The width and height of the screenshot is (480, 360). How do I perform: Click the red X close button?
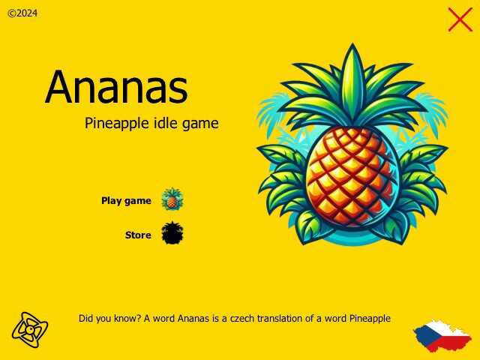(x=460, y=19)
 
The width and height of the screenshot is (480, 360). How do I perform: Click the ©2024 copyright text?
(x=22, y=13)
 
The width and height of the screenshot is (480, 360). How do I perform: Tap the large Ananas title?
(x=116, y=88)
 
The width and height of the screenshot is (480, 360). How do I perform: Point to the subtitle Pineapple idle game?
(x=151, y=123)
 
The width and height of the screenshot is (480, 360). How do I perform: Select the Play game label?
(x=126, y=201)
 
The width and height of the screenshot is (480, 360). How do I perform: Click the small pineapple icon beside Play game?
(x=172, y=199)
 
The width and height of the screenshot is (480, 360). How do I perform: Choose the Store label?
(x=138, y=235)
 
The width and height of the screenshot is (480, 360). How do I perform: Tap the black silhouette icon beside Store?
(x=172, y=233)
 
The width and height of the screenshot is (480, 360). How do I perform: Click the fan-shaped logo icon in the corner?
(x=30, y=328)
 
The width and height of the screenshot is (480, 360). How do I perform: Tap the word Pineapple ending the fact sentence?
(x=370, y=318)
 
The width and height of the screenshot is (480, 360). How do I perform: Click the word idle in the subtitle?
(x=166, y=123)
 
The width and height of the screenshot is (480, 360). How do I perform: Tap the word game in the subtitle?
(x=200, y=124)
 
